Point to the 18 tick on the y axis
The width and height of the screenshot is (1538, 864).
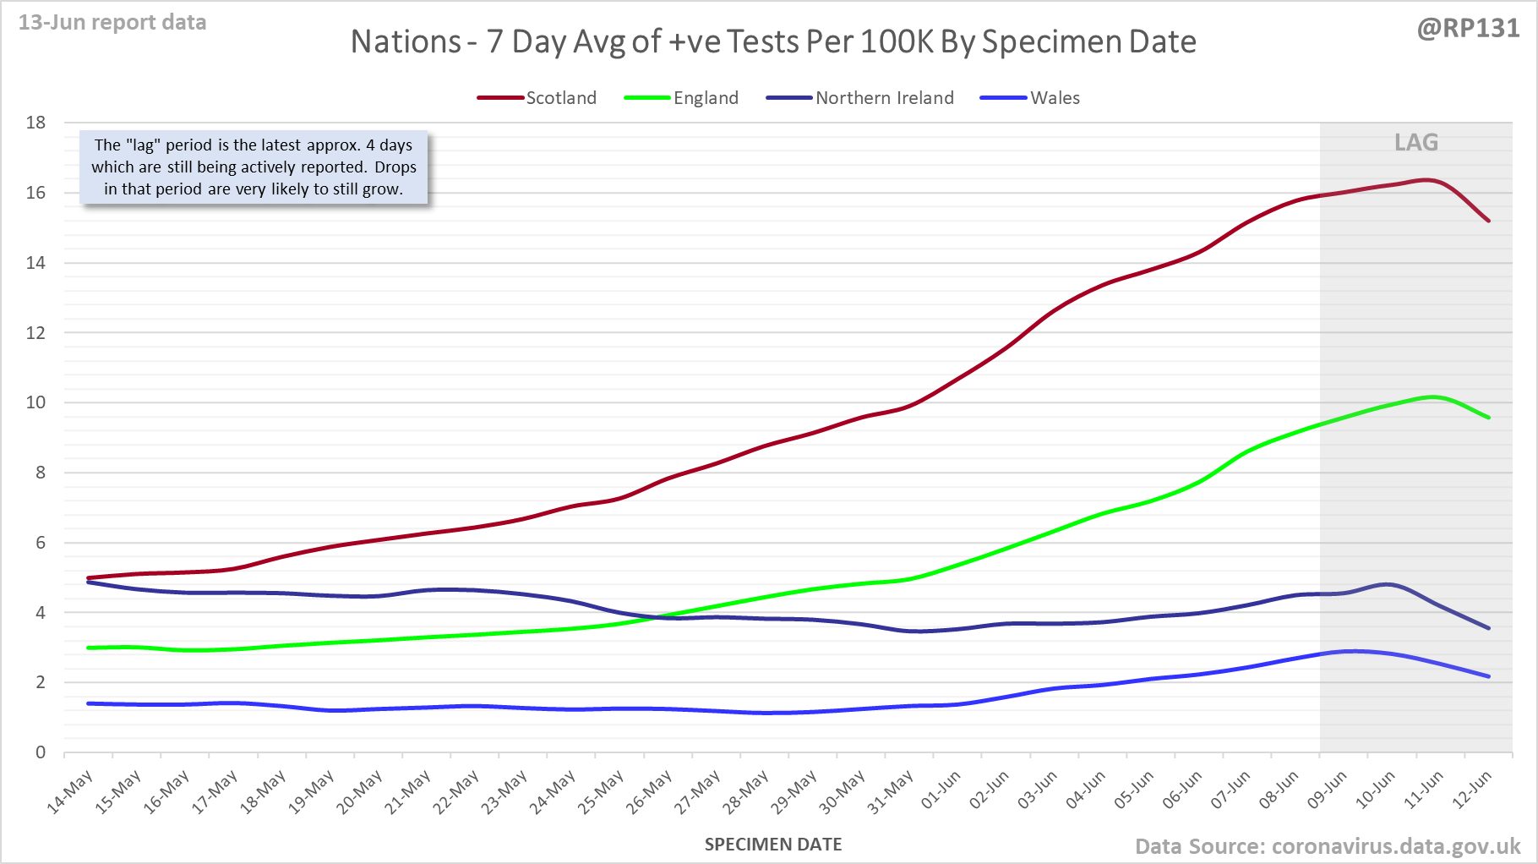pyautogui.click(x=35, y=123)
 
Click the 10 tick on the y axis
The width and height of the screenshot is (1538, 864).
pyautogui.click(x=35, y=402)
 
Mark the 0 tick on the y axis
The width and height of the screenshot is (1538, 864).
pyautogui.click(x=41, y=752)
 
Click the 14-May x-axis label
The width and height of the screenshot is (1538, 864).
pyautogui.click(x=70, y=793)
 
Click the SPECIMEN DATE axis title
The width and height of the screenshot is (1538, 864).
pyautogui.click(x=773, y=845)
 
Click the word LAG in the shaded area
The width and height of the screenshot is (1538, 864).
pyautogui.click(x=1416, y=142)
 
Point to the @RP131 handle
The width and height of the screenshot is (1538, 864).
pyautogui.click(x=1468, y=29)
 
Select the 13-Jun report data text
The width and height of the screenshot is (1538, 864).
pyautogui.click(x=112, y=23)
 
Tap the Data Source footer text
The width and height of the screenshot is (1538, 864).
pyautogui.click(x=1327, y=846)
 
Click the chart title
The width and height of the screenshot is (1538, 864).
pyautogui.click(x=773, y=41)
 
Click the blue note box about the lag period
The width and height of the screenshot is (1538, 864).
pyautogui.click(x=254, y=167)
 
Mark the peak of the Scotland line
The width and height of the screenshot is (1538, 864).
pyautogui.click(x=1427, y=180)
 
